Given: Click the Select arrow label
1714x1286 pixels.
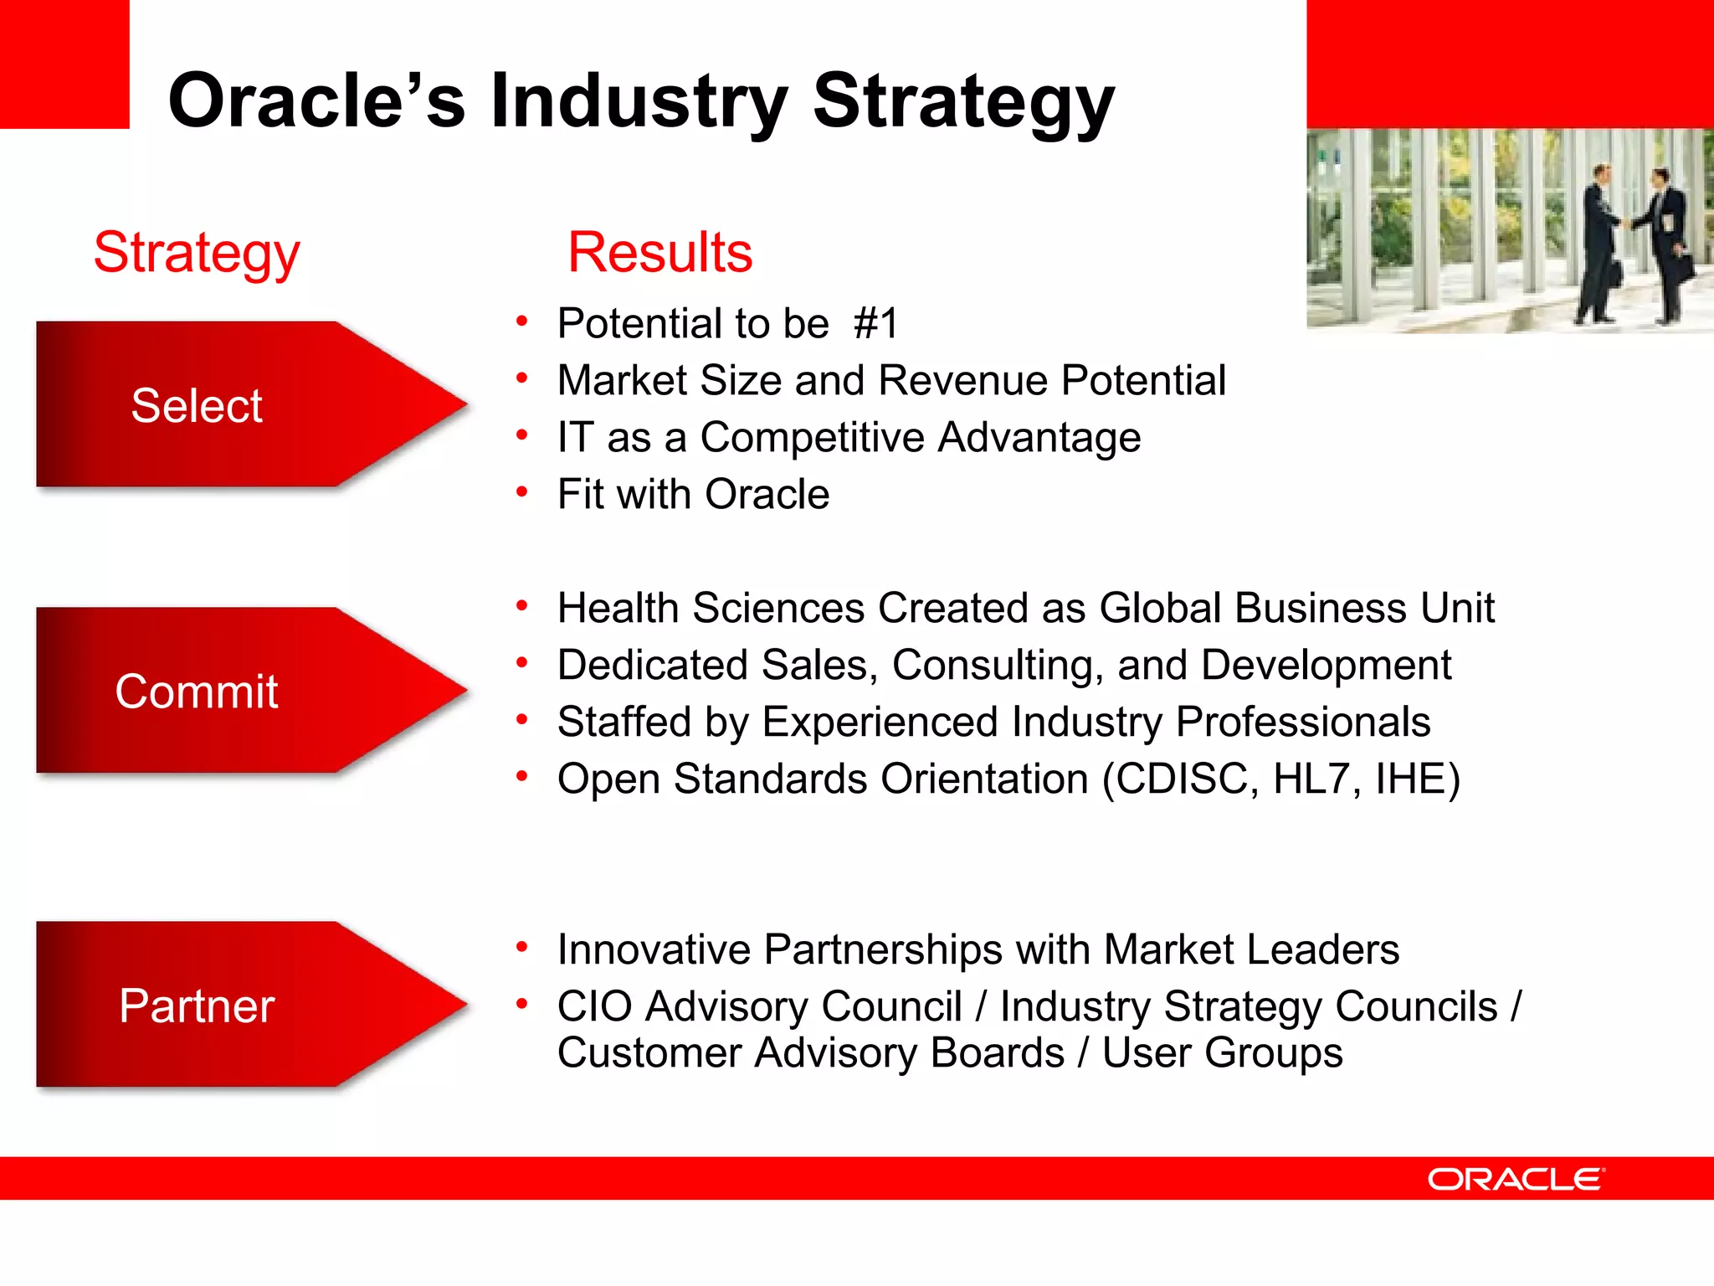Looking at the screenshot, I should point(197,406).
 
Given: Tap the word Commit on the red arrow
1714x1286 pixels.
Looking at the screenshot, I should point(197,692).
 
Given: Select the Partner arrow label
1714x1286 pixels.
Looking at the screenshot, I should point(197,1006).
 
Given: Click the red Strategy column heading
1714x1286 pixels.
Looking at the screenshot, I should point(197,252).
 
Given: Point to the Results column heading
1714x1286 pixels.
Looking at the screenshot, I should point(659,252).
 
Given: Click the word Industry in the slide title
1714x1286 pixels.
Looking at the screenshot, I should point(639,101).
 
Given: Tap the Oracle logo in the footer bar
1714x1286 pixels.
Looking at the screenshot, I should point(1516,1179).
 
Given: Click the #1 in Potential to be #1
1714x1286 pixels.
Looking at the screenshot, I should point(875,323).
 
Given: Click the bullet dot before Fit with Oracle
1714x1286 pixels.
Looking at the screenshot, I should point(522,492).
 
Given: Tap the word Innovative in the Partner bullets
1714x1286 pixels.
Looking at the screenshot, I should point(654,949).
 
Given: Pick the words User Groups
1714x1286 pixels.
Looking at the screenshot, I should point(1222,1052).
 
